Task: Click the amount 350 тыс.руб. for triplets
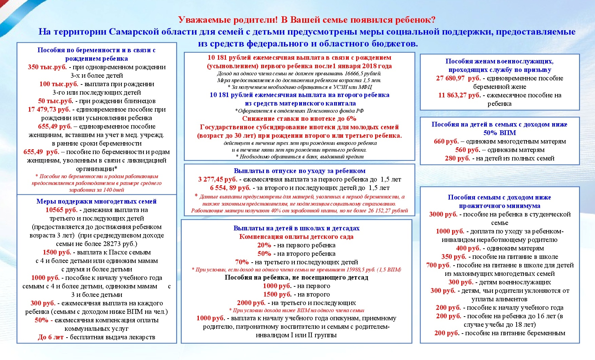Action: [x=47, y=67]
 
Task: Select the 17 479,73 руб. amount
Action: [x=49, y=110]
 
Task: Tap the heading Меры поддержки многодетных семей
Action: [x=96, y=202]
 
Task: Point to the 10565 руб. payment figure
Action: [x=61, y=210]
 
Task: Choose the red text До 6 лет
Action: [x=51, y=337]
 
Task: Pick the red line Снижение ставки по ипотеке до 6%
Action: [x=299, y=119]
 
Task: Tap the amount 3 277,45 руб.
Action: [x=217, y=179]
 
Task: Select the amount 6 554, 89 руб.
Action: [x=230, y=188]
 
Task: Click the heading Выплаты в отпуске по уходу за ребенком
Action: [x=299, y=171]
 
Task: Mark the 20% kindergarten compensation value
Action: [x=264, y=245]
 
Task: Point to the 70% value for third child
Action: [x=242, y=262]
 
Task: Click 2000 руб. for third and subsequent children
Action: [x=251, y=303]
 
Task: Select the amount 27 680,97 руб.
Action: [x=458, y=78]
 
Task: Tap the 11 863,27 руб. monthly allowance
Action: [x=459, y=95]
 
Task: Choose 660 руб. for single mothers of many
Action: [x=446, y=141]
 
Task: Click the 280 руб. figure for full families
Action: [x=457, y=158]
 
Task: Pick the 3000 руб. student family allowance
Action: [x=443, y=214]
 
